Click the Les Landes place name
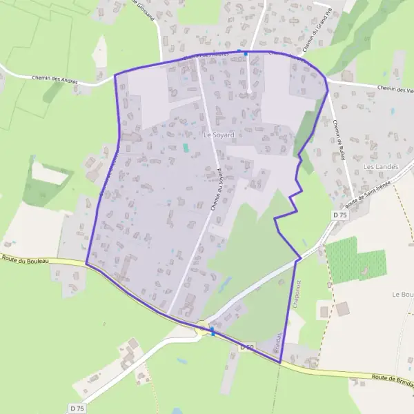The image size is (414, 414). tap(377, 167)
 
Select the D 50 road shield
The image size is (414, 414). tap(248, 347)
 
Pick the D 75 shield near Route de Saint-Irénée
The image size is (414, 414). tap(339, 215)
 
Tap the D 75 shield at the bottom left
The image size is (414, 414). tap(77, 408)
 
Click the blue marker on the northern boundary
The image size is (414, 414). tap(245, 52)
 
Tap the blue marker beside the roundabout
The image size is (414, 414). tap(213, 332)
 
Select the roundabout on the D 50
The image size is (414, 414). tap(202, 331)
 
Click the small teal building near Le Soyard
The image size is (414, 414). tap(185, 147)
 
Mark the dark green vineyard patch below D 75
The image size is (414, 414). tap(353, 260)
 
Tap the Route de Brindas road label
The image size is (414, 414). tap(392, 377)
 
